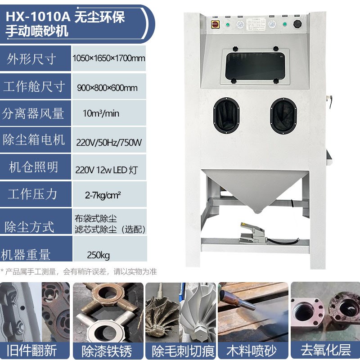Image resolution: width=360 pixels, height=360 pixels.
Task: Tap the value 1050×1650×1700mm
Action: [x=108, y=58]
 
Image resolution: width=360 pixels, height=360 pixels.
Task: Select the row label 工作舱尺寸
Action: [x=34, y=86]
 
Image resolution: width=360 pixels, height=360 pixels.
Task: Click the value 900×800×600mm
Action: [x=108, y=88]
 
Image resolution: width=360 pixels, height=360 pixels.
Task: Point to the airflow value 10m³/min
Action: [x=101, y=113]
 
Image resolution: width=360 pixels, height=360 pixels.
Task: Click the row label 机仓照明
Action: [x=34, y=167]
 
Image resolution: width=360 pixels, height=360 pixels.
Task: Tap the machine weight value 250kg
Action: [x=99, y=256]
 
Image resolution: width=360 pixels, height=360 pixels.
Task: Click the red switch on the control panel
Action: [x=215, y=24]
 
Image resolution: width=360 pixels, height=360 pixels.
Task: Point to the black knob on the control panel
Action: [x=297, y=23]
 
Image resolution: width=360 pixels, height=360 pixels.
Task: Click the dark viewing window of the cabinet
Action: [x=254, y=66]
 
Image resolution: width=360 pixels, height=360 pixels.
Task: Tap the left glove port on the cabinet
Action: [x=227, y=115]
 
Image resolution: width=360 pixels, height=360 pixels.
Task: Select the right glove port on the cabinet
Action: [x=283, y=115]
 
